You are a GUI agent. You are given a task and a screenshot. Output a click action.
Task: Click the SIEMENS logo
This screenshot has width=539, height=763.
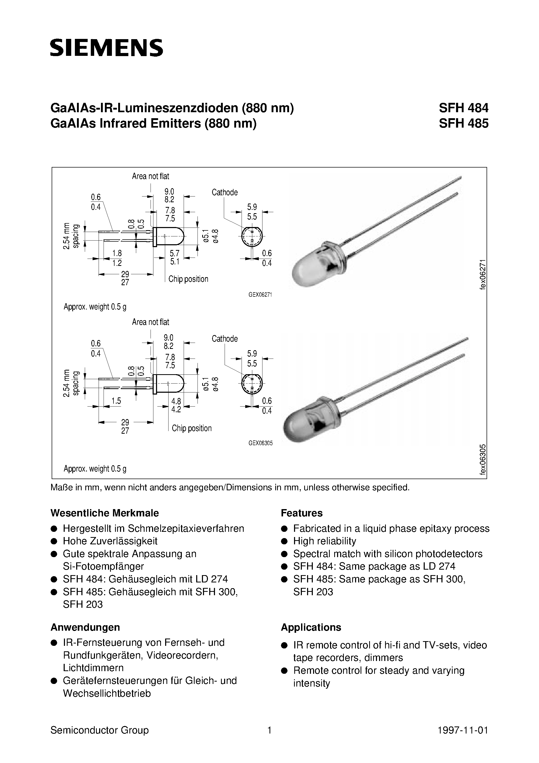[106, 47]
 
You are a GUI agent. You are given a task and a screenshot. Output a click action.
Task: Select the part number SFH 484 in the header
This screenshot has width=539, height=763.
[463, 108]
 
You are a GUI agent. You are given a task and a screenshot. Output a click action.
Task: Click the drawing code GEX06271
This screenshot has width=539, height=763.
[260, 294]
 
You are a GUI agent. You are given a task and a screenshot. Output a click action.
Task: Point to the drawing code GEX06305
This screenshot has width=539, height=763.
[260, 443]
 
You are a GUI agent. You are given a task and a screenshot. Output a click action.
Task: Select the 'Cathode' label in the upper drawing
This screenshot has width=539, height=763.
[225, 192]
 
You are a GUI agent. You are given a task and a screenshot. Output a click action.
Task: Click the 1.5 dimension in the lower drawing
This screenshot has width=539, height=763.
[116, 401]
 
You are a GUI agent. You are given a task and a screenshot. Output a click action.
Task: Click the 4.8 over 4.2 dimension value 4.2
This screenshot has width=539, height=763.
[176, 409]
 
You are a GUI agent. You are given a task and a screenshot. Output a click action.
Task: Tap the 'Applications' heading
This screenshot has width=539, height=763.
[311, 627]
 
